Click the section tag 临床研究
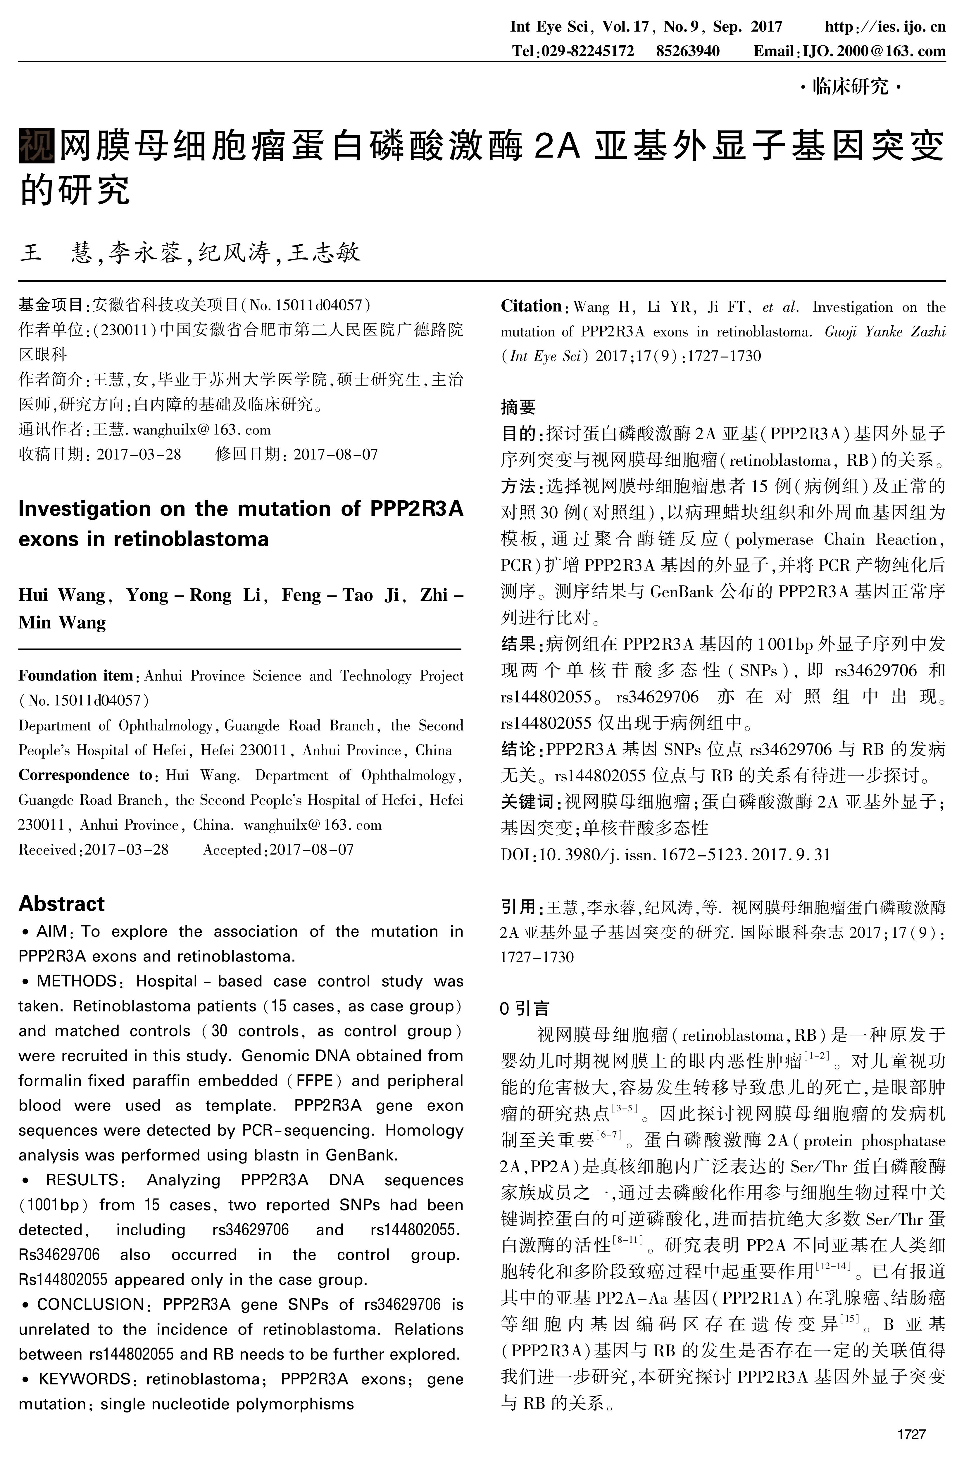pyautogui.click(x=850, y=87)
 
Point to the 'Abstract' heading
pyautogui.click(x=61, y=904)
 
